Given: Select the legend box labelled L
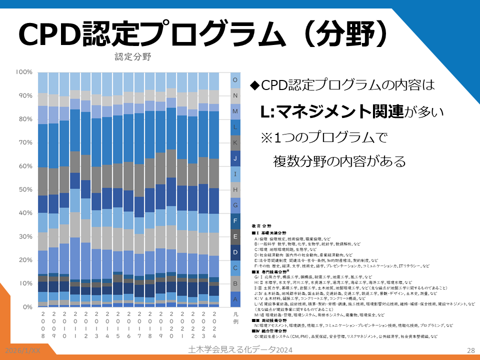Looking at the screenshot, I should point(235,127).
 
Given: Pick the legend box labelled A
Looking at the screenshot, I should point(235,299).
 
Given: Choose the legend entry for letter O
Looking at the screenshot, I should point(235,80).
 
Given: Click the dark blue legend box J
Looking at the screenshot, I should point(235,158).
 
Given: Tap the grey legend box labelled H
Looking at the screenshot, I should point(235,189).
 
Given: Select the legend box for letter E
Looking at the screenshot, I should point(235,236).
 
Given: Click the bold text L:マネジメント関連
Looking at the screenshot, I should point(331,112).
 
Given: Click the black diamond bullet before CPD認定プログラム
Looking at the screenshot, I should point(254,86).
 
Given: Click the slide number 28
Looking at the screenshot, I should point(469,350).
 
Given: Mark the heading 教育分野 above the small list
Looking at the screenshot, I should point(261,226).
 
